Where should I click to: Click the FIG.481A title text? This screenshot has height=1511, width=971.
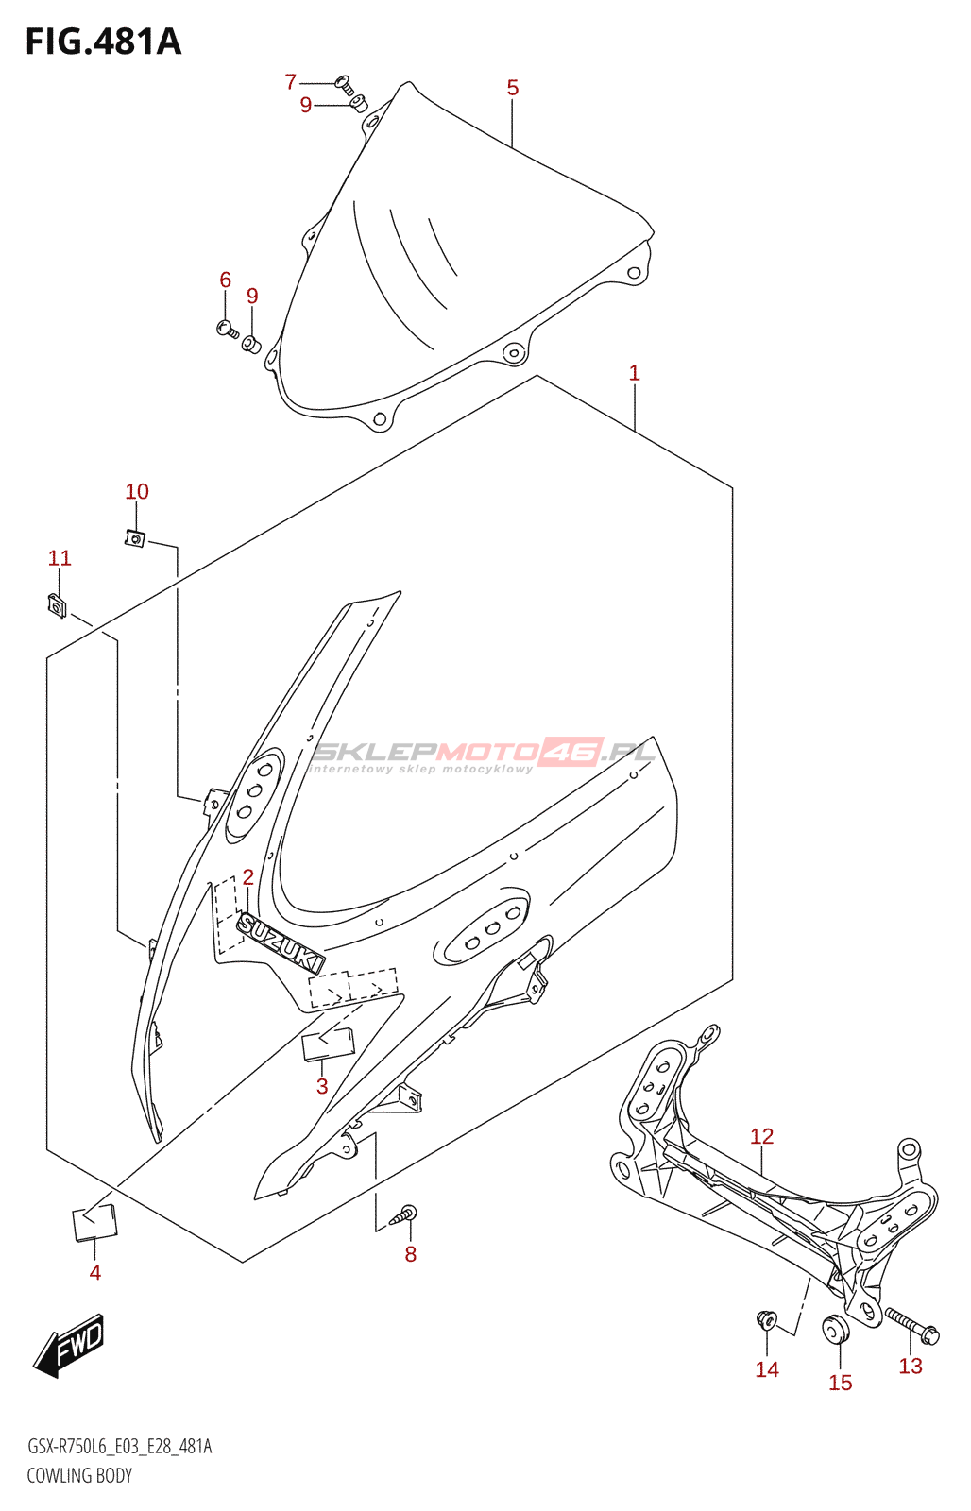(x=103, y=42)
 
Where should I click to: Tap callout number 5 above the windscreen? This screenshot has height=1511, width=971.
(x=512, y=88)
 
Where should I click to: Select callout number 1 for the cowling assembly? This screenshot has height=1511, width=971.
(x=635, y=373)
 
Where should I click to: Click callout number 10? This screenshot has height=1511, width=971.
(x=137, y=491)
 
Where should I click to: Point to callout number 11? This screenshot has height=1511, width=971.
(x=60, y=558)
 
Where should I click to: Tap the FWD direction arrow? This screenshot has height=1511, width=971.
(x=71, y=1343)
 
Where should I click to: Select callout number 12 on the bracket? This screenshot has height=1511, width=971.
(x=761, y=1136)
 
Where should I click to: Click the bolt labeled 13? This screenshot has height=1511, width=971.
(x=911, y=1325)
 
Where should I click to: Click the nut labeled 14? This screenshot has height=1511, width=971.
(x=766, y=1318)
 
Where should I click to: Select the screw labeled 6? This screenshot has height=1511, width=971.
(x=227, y=329)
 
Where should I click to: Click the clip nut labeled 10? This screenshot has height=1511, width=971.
(x=135, y=538)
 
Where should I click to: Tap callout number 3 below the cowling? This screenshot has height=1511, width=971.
(x=322, y=1086)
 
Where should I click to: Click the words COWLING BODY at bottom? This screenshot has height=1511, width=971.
(x=79, y=1475)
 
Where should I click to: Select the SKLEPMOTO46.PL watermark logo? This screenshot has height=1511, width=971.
(x=482, y=754)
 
